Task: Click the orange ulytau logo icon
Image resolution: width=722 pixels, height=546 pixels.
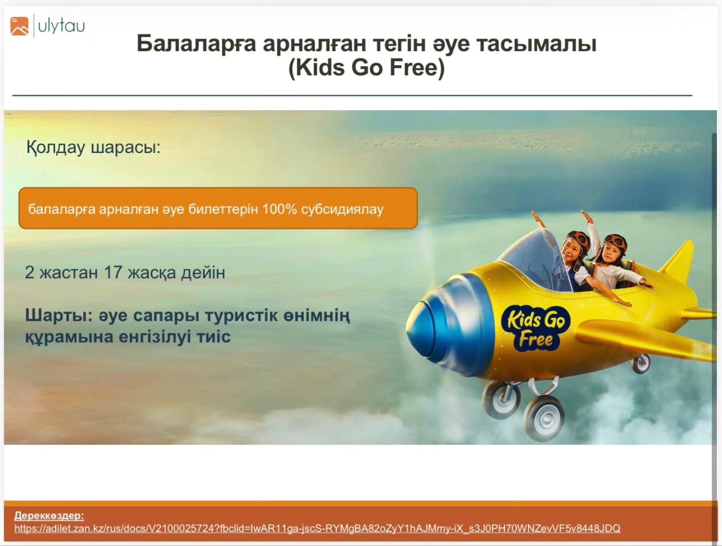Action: [20, 26]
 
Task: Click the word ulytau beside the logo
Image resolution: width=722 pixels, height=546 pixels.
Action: [62, 26]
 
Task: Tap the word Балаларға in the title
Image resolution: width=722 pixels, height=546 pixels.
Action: [196, 44]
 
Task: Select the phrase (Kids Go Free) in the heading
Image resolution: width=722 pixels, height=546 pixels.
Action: [367, 68]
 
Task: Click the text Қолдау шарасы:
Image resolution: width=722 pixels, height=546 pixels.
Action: [93, 147]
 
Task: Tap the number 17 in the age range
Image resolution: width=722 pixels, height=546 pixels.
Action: [113, 272]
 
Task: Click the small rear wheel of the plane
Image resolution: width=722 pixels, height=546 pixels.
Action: [641, 363]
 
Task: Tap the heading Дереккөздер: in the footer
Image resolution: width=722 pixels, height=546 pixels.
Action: [49, 515]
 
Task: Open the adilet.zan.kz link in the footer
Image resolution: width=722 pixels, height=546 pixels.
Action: [317, 529]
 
